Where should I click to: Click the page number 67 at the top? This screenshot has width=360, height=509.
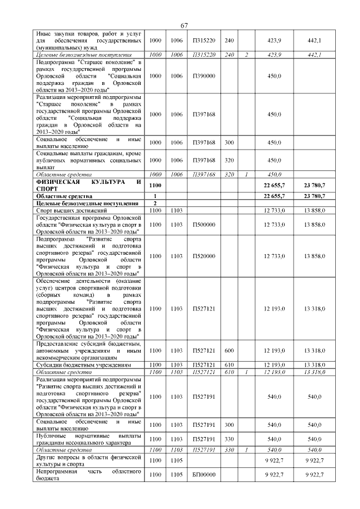(x=184, y=26)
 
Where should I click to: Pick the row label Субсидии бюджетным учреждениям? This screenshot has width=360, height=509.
(x=84, y=365)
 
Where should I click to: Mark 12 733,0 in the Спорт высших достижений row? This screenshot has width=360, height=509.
(x=274, y=210)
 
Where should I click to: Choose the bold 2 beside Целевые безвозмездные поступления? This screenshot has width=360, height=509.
(x=154, y=203)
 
